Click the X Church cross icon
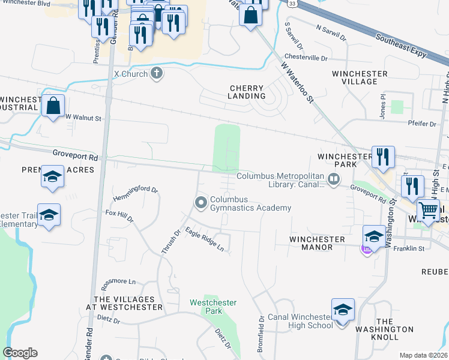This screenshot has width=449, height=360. click(157, 73)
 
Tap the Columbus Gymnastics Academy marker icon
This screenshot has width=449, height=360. click(201, 203)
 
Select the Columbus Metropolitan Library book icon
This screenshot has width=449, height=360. click(334, 178)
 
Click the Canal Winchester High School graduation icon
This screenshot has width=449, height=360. click(343, 310)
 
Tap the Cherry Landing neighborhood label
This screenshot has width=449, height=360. click(247, 92)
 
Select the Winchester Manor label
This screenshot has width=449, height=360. click(318, 244)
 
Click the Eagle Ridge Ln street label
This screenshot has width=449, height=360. click(204, 239)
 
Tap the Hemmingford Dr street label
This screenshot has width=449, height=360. click(135, 194)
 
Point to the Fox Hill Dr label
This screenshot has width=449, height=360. click(119, 217)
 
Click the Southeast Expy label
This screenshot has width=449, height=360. click(402, 46)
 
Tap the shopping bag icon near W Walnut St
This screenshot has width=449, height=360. click(53, 106)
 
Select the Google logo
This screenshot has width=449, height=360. click(20, 353)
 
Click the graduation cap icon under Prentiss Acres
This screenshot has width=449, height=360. click(52, 178)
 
